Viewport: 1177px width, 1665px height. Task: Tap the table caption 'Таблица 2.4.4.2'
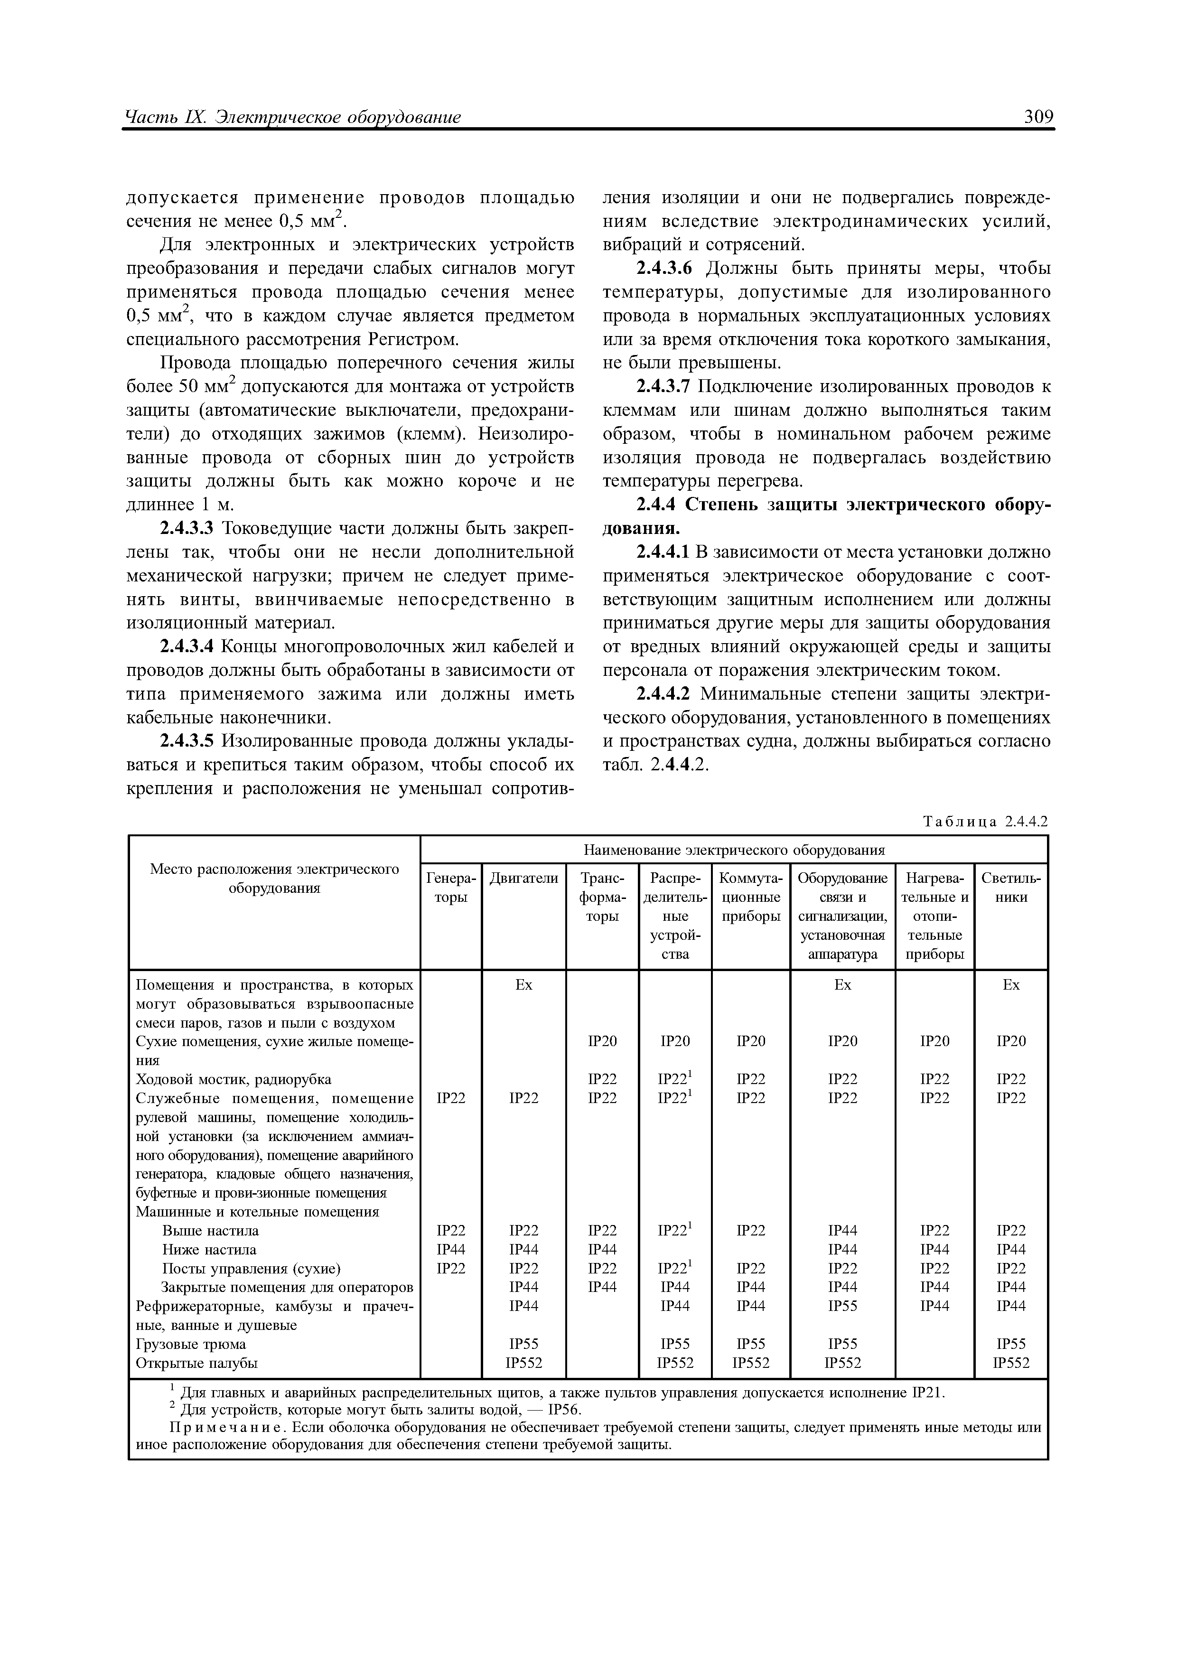pos(985,822)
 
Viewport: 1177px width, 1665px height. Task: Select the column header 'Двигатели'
pos(523,878)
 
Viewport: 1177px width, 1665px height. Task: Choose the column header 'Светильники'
pos(1010,888)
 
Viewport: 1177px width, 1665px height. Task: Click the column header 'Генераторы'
pos(450,888)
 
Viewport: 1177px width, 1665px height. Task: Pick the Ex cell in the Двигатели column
pos(523,984)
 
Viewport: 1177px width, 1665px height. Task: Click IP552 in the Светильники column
pos(1011,1363)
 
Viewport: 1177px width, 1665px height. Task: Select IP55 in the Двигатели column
pos(523,1344)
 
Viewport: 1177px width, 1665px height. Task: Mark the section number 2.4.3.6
pos(664,269)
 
